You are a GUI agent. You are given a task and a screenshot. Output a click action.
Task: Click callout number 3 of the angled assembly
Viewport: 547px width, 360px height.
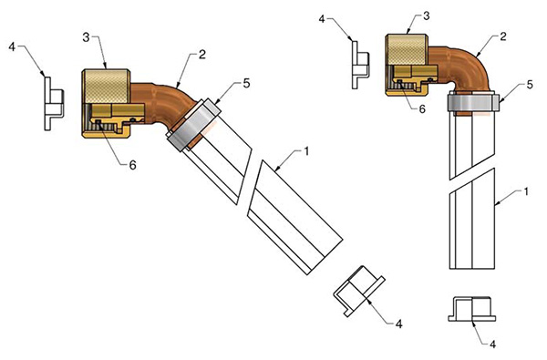click(87, 37)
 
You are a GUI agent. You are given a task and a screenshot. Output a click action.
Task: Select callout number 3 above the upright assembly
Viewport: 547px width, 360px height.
click(427, 16)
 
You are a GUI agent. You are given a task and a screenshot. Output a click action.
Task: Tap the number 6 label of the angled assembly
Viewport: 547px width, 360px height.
click(132, 165)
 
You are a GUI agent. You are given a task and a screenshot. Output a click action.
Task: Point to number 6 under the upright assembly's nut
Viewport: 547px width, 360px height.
click(422, 108)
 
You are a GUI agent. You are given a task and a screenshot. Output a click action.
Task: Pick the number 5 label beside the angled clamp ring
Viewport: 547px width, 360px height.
click(247, 84)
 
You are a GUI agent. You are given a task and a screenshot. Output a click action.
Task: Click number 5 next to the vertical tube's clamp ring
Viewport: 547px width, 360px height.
click(530, 85)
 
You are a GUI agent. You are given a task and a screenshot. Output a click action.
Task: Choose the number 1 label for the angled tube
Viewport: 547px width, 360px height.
click(306, 151)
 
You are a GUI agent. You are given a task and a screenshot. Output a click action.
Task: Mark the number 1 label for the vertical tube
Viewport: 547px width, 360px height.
click(526, 191)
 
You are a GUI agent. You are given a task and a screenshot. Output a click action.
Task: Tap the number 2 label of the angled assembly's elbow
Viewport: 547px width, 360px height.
click(202, 55)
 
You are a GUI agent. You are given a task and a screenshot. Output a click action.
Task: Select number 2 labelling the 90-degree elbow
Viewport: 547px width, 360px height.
click(502, 36)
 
